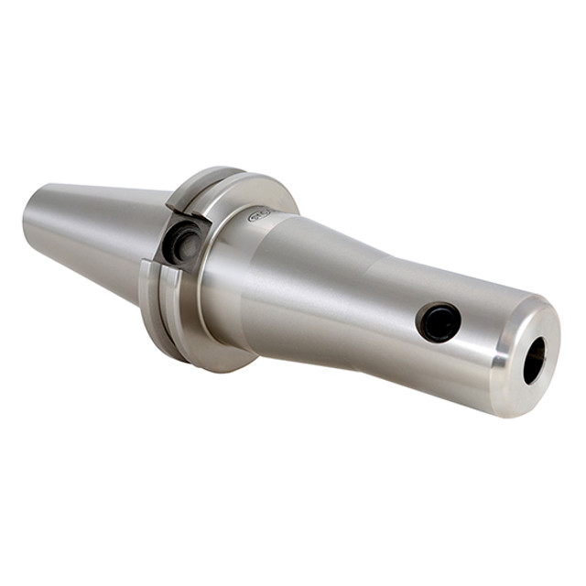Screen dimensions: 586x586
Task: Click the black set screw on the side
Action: tap(438, 322)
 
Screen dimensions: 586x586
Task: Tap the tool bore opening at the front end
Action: tap(534, 360)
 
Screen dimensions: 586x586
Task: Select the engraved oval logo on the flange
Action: tap(263, 217)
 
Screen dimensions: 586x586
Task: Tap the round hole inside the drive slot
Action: tap(186, 244)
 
